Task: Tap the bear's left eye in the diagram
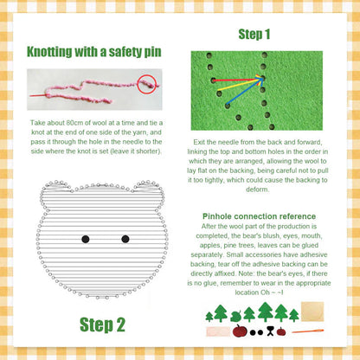click(85, 239)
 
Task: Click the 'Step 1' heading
click(254, 35)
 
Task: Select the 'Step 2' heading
click(102, 325)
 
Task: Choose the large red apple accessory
click(240, 331)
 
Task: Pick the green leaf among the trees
click(235, 317)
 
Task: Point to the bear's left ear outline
click(53, 196)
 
